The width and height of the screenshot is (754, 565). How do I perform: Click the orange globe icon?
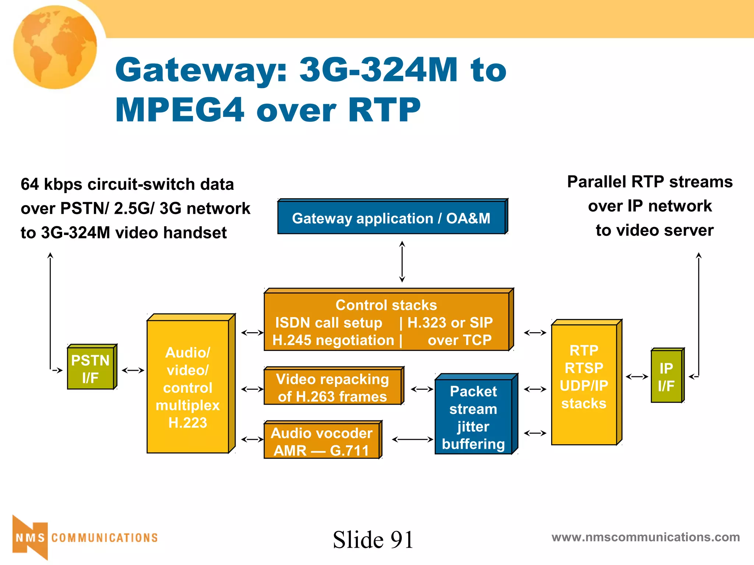55,47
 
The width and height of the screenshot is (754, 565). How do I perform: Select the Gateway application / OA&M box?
391,218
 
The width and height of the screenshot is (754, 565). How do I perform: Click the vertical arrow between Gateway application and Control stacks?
402,262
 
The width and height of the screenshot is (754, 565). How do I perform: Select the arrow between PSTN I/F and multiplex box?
133,370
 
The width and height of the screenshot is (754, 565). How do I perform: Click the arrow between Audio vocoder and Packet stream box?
412,439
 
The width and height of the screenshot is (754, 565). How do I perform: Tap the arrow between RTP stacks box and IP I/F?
637,377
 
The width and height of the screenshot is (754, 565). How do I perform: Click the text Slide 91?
373,540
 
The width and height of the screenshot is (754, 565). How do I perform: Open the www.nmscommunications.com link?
645,537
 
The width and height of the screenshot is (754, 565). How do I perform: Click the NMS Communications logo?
85,538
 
